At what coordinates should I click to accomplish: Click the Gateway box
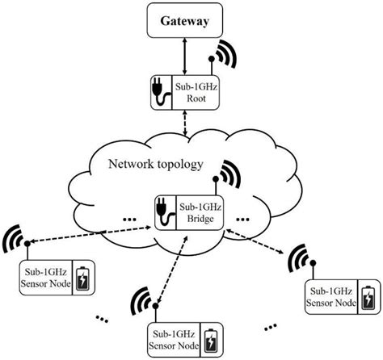pyautogui.click(x=187, y=22)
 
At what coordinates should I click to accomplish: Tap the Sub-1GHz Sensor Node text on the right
pyautogui.click(x=331, y=298)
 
